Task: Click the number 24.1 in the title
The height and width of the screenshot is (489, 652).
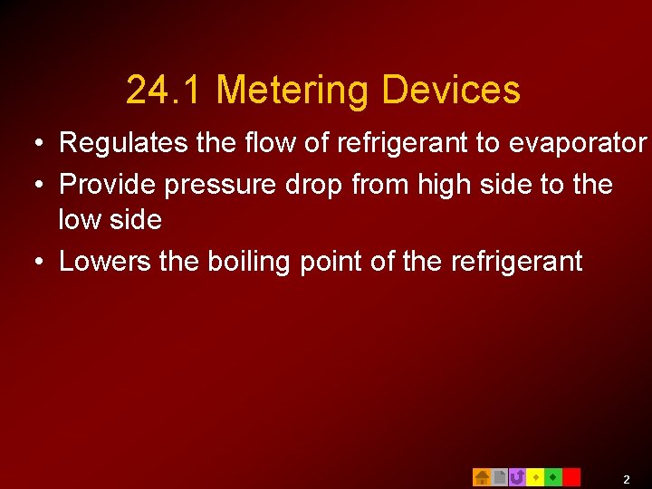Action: pos(166,91)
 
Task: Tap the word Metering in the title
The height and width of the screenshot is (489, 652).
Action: pos(293,91)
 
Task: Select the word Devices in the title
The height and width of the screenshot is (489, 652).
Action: pos(451,91)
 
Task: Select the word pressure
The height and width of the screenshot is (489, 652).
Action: pos(218,186)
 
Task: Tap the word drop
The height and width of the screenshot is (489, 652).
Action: pos(314,186)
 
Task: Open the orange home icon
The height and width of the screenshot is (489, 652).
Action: pos(482,476)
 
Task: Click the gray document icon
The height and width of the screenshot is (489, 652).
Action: pos(500,476)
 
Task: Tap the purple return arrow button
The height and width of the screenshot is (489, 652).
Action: pos(517,476)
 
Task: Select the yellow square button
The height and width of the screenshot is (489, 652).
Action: pos(535,476)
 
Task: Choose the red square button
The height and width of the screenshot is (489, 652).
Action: pos(571,476)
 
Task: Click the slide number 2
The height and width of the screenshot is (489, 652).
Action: pos(626,478)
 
